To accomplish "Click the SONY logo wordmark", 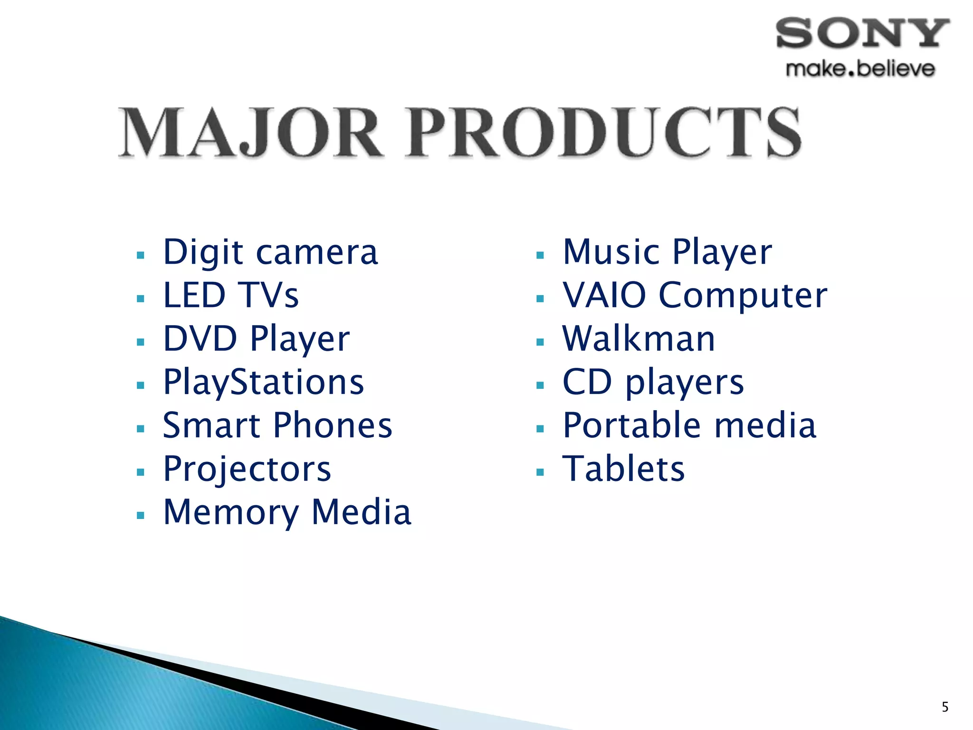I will point(862,33).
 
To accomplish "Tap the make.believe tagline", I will point(860,69).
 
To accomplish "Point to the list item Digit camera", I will point(270,252).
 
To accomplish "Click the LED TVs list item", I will point(231,296).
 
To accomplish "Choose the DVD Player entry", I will point(257,339).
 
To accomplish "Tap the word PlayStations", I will point(264,383).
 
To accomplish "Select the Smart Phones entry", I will point(277,425).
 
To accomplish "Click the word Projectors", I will point(247,469).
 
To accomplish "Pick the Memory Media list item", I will point(287,512).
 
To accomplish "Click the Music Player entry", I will point(667,252).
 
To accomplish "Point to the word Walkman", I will point(639,339).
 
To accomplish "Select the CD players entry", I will point(653,383).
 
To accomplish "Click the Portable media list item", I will point(689,425).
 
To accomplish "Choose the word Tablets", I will point(623,469).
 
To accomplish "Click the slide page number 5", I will point(945,707).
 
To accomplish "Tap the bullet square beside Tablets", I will point(540,472).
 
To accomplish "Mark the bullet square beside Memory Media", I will point(140,516).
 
